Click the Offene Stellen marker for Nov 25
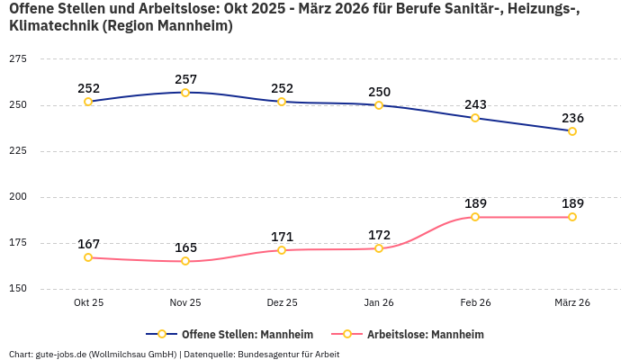click(185, 93)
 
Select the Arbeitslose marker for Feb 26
click(475, 217)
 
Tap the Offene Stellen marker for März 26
click(572, 131)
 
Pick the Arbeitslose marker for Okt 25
click(88, 257)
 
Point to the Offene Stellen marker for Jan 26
click(379, 105)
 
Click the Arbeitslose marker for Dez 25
click(282, 250)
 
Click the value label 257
click(185, 79)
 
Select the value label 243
click(475, 104)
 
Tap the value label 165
click(185, 247)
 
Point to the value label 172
click(379, 235)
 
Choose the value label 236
click(572, 118)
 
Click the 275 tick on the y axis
click(17, 59)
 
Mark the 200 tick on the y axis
click(17, 197)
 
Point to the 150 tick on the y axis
click(17, 289)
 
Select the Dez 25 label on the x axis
click(282, 303)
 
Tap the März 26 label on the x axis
click(572, 303)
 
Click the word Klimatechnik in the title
click(52, 26)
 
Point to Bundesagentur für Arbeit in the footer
click(287, 354)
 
